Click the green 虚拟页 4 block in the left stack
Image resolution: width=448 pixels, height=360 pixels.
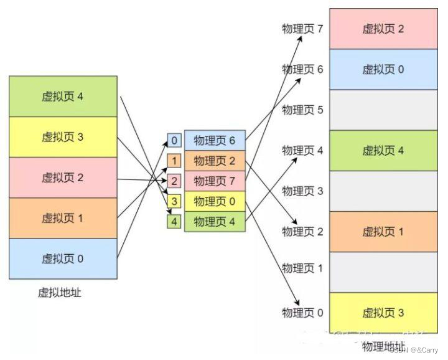[63, 97]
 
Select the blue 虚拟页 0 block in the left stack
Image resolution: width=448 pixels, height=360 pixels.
[63, 258]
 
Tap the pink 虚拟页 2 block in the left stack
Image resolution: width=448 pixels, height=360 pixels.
[63, 178]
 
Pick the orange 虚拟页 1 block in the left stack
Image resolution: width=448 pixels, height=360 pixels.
[63, 218]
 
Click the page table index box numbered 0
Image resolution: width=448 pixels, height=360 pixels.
[174, 141]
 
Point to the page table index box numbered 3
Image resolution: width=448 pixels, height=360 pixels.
[174, 201]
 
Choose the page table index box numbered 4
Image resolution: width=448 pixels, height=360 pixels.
[174, 222]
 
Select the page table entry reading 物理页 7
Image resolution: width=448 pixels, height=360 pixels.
[215, 181]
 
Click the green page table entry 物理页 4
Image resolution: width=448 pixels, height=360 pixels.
[215, 222]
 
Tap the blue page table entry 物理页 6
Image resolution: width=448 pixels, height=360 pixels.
[215, 141]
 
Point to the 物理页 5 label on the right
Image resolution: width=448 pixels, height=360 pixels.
[302, 110]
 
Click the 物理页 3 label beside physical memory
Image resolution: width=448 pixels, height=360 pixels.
[302, 191]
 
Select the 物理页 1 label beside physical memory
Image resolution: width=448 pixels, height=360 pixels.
[302, 268]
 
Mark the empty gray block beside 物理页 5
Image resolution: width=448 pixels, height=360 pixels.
[383, 110]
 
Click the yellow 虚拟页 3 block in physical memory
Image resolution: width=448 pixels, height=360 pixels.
[383, 313]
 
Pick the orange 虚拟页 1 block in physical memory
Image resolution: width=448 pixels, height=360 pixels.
[383, 232]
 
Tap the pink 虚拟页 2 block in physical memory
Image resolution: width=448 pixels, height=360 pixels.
[383, 29]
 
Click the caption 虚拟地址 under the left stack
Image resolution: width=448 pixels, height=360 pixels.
[60, 293]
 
